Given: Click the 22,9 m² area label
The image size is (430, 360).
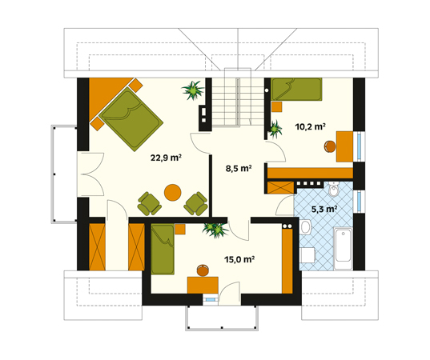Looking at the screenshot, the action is [x=166, y=158].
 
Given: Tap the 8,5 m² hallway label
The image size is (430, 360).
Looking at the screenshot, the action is [x=239, y=169].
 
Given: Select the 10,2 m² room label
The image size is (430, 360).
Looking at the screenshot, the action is [x=310, y=127].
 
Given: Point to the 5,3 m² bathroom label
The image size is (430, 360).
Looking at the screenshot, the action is [x=324, y=210].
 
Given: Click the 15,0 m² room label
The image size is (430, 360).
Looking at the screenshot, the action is [x=239, y=259].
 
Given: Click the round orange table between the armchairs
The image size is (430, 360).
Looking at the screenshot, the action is [x=172, y=193].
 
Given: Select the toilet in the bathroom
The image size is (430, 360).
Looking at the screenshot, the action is [x=334, y=190].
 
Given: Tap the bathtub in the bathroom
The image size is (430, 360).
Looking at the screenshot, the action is [x=343, y=248].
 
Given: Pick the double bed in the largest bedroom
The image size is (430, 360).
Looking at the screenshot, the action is [x=131, y=119].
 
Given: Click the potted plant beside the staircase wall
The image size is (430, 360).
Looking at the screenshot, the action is [x=193, y=90].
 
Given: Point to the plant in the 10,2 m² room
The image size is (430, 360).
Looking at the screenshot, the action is [x=275, y=130].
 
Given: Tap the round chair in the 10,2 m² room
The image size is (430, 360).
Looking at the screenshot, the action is [x=330, y=146].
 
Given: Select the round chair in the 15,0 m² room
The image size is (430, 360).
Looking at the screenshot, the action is [x=203, y=270].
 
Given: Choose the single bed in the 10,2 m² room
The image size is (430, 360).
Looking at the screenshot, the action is [x=296, y=90].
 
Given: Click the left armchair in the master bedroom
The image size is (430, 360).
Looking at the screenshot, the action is [x=149, y=204].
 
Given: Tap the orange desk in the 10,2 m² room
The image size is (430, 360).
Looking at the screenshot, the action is [x=344, y=146].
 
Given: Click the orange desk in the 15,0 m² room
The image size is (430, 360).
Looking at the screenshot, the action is [x=203, y=286].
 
